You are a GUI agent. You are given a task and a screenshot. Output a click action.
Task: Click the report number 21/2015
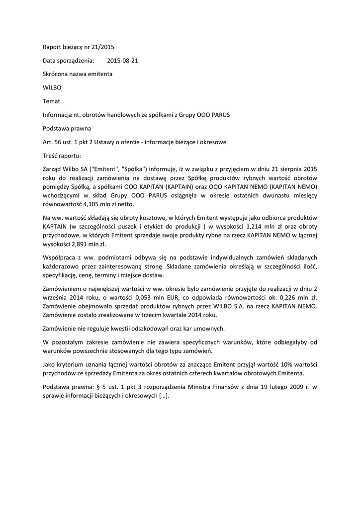pos(103,47)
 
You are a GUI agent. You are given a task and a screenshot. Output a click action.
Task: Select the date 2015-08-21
pos(123,61)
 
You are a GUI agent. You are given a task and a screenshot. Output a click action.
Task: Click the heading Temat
pos(51,101)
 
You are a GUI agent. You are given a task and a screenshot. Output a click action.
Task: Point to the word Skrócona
pos(56,74)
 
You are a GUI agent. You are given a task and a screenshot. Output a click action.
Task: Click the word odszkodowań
pos(160,329)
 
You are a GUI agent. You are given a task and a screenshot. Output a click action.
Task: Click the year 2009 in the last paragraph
pos(290,387)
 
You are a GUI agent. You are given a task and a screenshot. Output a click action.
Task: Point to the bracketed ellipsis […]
pos(163,396)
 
